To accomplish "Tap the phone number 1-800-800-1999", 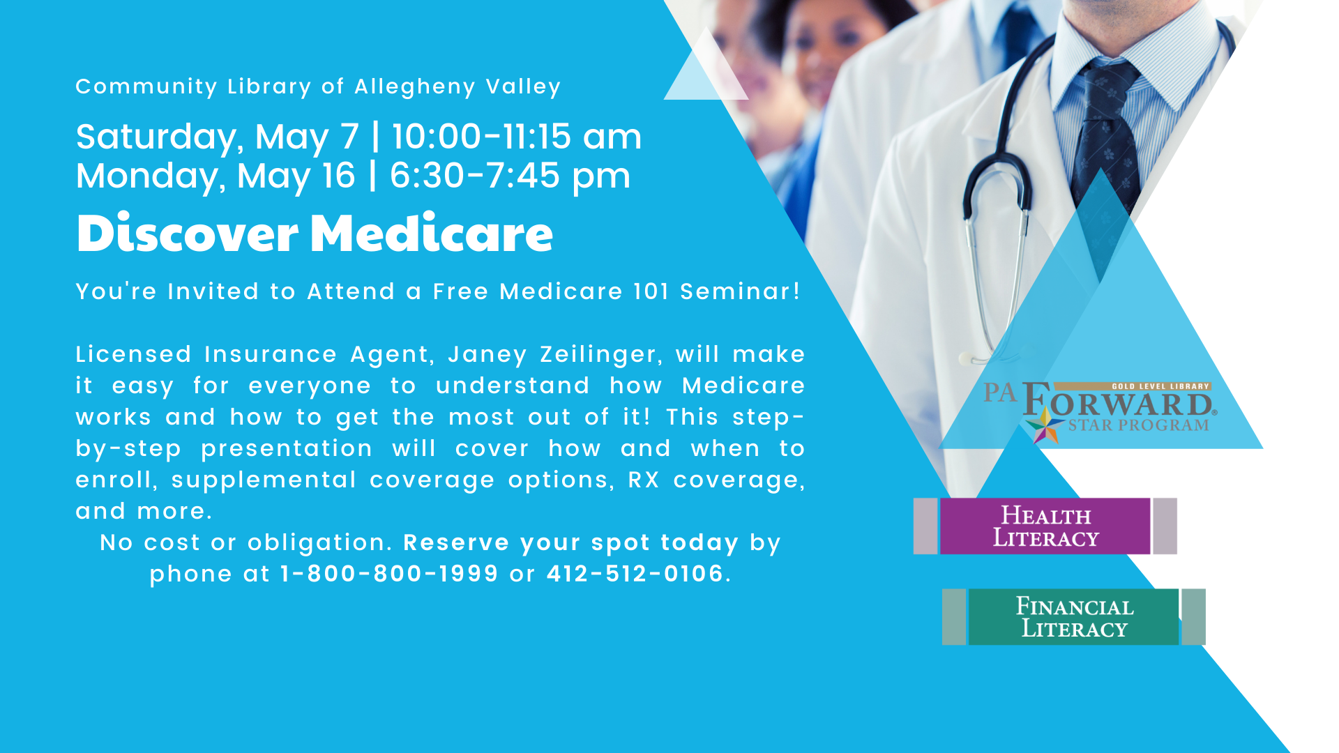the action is (389, 574).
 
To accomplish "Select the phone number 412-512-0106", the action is (635, 574).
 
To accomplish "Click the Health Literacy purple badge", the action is (1045, 526).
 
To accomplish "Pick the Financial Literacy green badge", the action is (1074, 617).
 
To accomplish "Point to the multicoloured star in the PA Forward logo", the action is (1044, 426).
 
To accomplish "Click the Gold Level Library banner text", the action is (1160, 386).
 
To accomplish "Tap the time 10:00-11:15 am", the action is (517, 137).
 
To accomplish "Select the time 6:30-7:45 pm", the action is (510, 176).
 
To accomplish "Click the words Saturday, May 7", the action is (218, 137).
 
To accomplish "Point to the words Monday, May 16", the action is (215, 176).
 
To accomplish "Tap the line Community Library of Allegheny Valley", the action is (318, 87).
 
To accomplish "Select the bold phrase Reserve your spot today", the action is (570, 543).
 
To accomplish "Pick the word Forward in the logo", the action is (1119, 402).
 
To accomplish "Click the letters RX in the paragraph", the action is (643, 480).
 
